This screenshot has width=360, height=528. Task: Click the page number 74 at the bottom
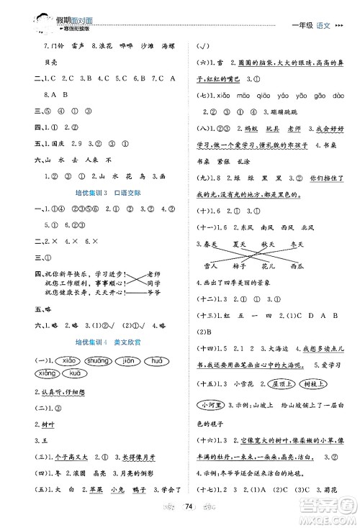coord(180,506)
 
